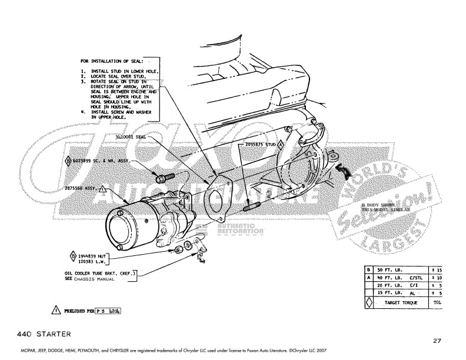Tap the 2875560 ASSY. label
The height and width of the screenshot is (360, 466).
81,189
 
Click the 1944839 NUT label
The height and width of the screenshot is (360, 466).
91,256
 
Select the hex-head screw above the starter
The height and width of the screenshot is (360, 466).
165,176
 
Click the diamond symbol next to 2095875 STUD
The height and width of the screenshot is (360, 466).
281,144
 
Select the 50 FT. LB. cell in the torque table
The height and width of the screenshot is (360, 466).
390,269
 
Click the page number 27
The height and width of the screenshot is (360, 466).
436,340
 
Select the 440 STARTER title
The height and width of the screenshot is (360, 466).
40,334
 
